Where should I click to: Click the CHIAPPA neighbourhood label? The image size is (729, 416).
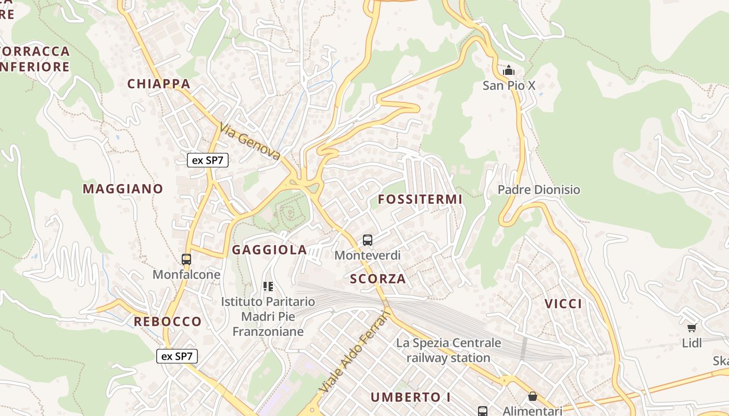pos(159,84)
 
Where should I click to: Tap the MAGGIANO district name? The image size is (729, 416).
pos(123,189)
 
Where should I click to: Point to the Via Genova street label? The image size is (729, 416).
pos(250,141)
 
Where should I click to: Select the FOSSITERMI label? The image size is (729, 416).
pos(420,199)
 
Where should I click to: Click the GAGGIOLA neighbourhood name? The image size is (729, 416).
pos(269,250)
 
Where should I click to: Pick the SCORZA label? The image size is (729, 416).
pos(378,279)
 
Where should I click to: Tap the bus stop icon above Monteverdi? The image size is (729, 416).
pos(368,240)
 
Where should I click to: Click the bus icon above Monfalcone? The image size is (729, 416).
pos(186,259)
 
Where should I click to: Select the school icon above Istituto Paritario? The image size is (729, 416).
pos(268,286)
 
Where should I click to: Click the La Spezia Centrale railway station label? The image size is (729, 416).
pos(448,350)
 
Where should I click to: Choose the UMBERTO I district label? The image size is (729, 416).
pos(410,397)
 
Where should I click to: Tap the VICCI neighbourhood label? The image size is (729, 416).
pos(563,304)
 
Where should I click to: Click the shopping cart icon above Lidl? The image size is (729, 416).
pos(692,328)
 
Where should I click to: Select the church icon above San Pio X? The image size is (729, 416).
pos(509,70)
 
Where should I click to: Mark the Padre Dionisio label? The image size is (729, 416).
pos(538,190)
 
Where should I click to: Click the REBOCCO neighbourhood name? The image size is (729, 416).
pos(167,321)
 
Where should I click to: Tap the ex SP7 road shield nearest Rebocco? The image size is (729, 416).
pos(177,356)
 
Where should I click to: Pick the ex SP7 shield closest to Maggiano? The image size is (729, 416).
pos(208,160)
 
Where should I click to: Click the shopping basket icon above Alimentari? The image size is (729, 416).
pos(532,397)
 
